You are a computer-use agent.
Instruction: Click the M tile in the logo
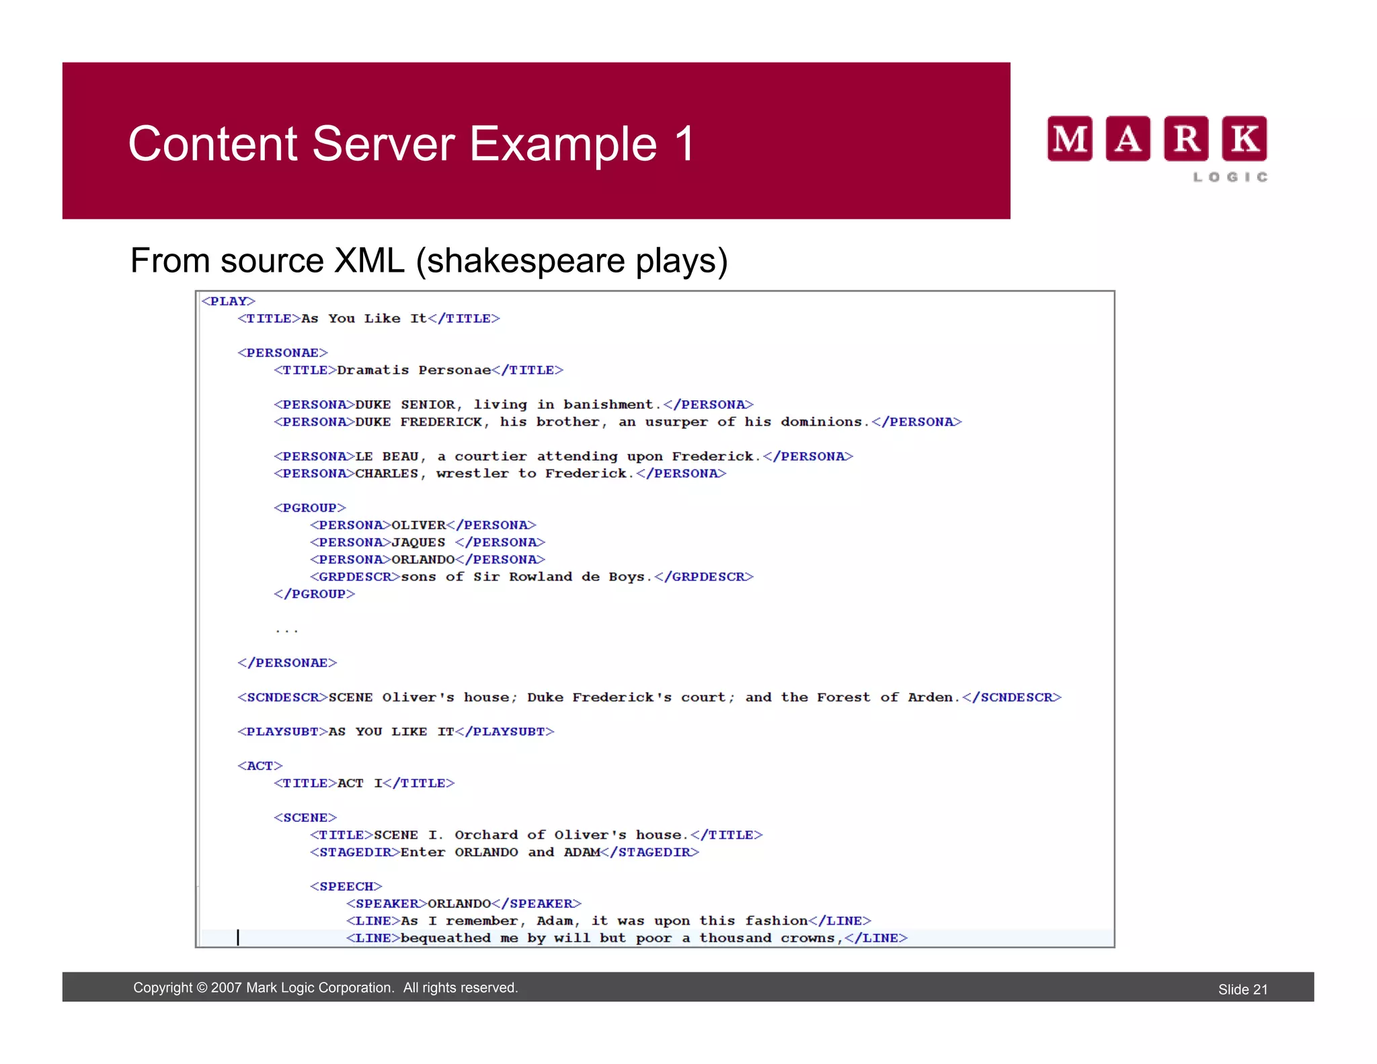pyautogui.click(x=1069, y=139)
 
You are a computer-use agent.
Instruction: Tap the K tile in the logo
pyautogui.click(x=1244, y=139)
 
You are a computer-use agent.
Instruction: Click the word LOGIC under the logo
pyautogui.click(x=1230, y=177)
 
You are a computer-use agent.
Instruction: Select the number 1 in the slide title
pyautogui.click(x=684, y=144)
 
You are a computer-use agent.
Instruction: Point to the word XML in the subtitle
pyautogui.click(x=369, y=261)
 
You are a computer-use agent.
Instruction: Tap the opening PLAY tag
pyautogui.click(x=229, y=301)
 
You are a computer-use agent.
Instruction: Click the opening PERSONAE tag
pyautogui.click(x=282, y=353)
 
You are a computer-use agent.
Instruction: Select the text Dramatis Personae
pyautogui.click(x=414, y=371)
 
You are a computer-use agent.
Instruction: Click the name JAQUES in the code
pyautogui.click(x=418, y=543)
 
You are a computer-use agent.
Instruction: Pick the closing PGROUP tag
pyautogui.click(x=314, y=595)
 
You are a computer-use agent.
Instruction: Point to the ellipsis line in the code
pyautogui.click(x=286, y=630)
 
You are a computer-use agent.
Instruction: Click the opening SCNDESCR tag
pyautogui.click(x=282, y=697)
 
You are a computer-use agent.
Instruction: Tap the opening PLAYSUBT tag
pyautogui.click(x=282, y=732)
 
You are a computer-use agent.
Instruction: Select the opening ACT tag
pyautogui.click(x=260, y=766)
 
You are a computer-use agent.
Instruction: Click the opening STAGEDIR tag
pyautogui.click(x=355, y=852)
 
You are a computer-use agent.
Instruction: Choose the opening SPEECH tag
pyautogui.click(x=346, y=886)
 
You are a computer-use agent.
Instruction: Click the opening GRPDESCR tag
pyautogui.click(x=355, y=577)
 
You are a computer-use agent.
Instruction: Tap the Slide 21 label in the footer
pyautogui.click(x=1243, y=989)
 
